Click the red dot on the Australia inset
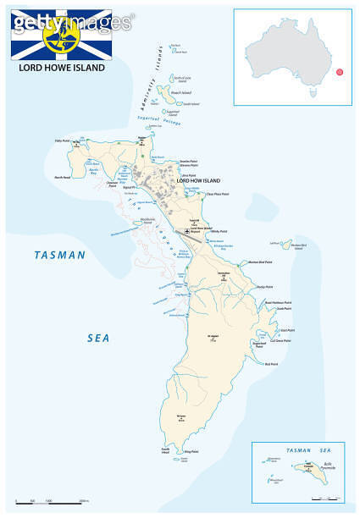click(x=340, y=72)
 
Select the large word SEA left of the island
click(x=99, y=338)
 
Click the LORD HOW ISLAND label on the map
click(x=197, y=181)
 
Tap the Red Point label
click(x=271, y=364)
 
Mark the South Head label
click(x=166, y=450)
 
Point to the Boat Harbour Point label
click(x=278, y=302)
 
